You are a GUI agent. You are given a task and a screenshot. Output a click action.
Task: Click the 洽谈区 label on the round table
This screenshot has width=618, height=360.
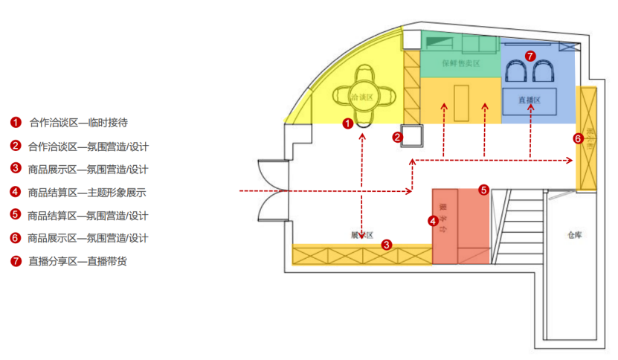point(361,97)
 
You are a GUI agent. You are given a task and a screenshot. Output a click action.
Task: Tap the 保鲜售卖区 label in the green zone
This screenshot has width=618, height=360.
point(460,63)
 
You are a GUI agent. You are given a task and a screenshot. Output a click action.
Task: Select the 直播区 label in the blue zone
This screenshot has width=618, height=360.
point(529,99)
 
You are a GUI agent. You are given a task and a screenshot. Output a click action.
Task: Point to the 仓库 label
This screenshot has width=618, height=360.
point(573,234)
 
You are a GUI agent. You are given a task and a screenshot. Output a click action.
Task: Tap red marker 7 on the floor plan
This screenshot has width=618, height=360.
point(530,56)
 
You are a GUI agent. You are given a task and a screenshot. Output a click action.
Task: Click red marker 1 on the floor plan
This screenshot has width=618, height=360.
point(347,124)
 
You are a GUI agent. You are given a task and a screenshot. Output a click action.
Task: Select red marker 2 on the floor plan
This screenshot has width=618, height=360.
point(398,137)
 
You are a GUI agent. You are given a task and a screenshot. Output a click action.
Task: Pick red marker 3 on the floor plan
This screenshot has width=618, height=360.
point(386,244)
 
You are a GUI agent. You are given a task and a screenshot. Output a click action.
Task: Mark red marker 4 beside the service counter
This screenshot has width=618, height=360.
point(433,220)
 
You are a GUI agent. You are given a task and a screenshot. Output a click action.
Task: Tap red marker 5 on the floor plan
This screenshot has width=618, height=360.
point(483,190)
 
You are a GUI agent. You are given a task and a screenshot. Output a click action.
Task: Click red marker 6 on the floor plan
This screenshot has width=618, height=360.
point(578,138)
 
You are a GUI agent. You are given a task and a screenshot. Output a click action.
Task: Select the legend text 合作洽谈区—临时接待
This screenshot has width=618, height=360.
point(83,123)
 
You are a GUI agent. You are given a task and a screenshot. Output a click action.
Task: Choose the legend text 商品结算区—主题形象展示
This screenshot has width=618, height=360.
point(87,192)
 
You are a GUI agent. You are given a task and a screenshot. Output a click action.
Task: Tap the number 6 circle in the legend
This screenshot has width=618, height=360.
point(16,238)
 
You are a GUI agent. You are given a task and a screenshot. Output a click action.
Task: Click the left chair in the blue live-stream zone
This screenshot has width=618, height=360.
point(515,73)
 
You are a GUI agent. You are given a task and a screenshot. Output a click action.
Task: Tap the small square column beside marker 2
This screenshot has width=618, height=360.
point(413,136)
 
